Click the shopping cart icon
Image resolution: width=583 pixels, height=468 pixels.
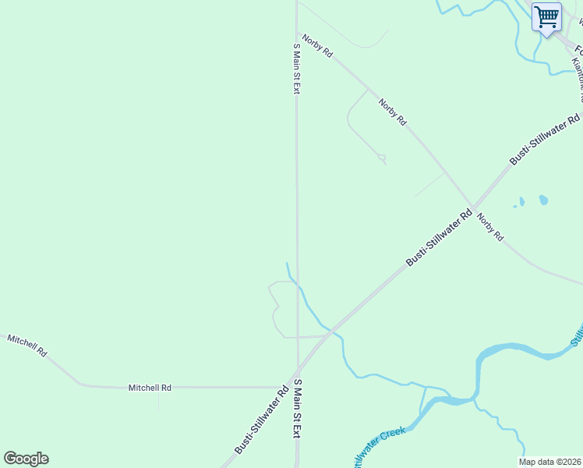[546, 17]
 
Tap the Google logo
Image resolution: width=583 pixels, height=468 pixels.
[26, 459]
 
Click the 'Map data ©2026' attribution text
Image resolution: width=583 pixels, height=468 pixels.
[550, 462]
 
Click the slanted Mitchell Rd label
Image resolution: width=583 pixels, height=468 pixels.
[27, 345]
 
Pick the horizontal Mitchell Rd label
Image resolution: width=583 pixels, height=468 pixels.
[150, 387]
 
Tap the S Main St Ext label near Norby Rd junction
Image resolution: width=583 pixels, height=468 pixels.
[296, 68]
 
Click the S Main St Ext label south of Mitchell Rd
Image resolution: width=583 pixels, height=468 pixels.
[297, 408]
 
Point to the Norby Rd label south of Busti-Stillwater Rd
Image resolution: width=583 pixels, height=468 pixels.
[490, 227]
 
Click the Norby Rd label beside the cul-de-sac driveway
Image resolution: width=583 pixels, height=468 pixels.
[393, 112]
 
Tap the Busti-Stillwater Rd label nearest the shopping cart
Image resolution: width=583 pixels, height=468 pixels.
[546, 139]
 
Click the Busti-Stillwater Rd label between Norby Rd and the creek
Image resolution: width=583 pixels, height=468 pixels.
[440, 237]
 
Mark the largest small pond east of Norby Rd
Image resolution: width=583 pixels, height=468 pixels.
[543, 200]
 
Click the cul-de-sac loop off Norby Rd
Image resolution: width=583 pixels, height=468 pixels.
[381, 158]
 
